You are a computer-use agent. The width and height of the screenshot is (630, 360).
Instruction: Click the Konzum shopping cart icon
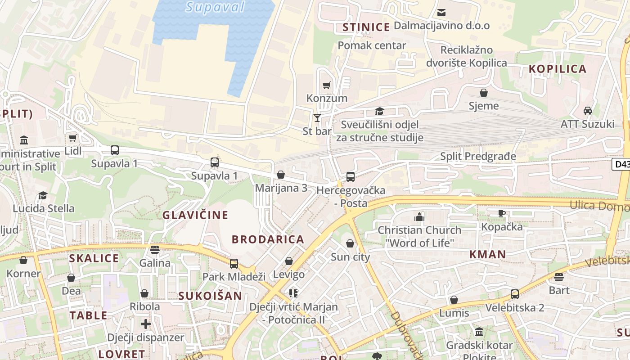327,85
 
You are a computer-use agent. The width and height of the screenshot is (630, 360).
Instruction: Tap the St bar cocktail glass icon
317,118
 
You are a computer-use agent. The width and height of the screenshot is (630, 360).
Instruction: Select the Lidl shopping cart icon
72,138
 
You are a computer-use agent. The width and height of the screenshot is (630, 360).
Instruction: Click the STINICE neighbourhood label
366,27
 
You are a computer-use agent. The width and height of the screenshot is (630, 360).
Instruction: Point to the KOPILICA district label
558,69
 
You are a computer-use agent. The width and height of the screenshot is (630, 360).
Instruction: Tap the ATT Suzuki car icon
587,111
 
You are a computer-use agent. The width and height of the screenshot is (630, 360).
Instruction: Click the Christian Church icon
419,217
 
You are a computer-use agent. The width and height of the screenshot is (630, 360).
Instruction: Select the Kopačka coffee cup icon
502,213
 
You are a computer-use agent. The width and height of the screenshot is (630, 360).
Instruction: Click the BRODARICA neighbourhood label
268,239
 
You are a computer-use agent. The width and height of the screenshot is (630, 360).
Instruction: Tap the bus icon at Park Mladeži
234,264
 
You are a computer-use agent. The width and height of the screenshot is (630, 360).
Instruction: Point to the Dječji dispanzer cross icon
145,324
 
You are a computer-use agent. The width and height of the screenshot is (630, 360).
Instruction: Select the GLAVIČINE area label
195,215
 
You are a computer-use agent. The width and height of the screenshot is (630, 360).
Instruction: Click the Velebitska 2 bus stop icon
515,294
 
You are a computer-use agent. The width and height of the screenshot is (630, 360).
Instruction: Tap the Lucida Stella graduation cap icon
43,195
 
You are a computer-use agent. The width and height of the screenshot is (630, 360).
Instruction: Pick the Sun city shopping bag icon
350,244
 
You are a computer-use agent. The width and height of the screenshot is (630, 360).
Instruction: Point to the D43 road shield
621,164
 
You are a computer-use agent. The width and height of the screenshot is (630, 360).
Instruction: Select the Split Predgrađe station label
478,157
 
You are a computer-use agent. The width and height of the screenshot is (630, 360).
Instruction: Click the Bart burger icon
559,277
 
